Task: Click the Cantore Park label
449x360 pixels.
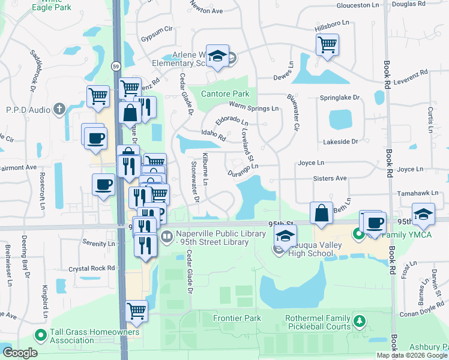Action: [225, 94]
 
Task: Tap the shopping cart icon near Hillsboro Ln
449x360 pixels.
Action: [327, 44]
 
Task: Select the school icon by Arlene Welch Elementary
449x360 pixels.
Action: [218, 56]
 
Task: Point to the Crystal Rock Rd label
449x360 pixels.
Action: [91, 269]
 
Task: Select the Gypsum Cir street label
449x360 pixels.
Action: [156, 29]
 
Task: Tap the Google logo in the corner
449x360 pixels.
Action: [19, 353]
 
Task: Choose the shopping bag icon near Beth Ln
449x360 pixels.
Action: [321, 213]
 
